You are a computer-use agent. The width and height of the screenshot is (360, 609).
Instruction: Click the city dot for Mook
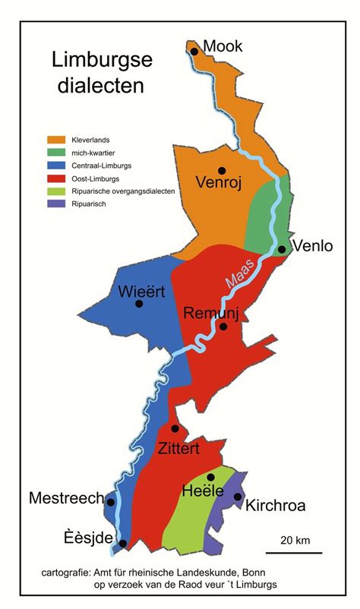click(x=194, y=52)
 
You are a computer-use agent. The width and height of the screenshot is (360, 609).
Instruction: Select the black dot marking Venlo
click(x=281, y=249)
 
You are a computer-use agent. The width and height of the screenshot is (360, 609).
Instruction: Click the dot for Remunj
click(x=223, y=327)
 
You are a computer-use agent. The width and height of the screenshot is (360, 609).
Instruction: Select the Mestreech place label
click(x=66, y=498)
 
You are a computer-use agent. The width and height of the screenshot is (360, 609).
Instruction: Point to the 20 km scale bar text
click(x=294, y=541)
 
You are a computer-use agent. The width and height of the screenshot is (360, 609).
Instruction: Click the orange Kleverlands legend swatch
click(x=57, y=140)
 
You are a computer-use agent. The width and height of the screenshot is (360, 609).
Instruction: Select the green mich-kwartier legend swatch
click(x=57, y=153)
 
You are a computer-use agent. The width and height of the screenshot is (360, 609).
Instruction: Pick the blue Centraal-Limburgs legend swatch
click(x=57, y=166)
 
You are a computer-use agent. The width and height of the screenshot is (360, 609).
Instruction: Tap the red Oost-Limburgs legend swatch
click(x=57, y=178)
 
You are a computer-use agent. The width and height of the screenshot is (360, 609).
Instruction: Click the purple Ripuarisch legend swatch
click(x=57, y=204)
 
